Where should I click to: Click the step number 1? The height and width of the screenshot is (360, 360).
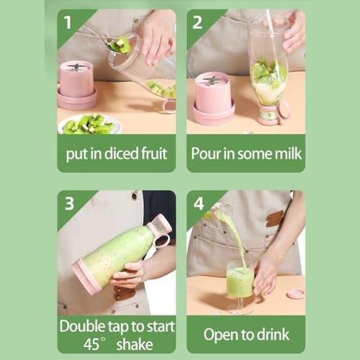[68, 22]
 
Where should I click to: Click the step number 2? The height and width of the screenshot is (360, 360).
[197, 22]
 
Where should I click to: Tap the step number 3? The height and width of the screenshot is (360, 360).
[69, 203]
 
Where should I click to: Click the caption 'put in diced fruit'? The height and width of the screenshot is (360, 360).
[116, 153]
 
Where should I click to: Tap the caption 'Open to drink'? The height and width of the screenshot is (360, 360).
[246, 334]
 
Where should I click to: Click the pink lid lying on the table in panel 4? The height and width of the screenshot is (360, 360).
[294, 294]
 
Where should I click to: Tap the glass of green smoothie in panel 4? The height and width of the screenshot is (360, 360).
[239, 281]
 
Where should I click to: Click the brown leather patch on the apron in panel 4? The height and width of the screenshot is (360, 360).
[274, 218]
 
